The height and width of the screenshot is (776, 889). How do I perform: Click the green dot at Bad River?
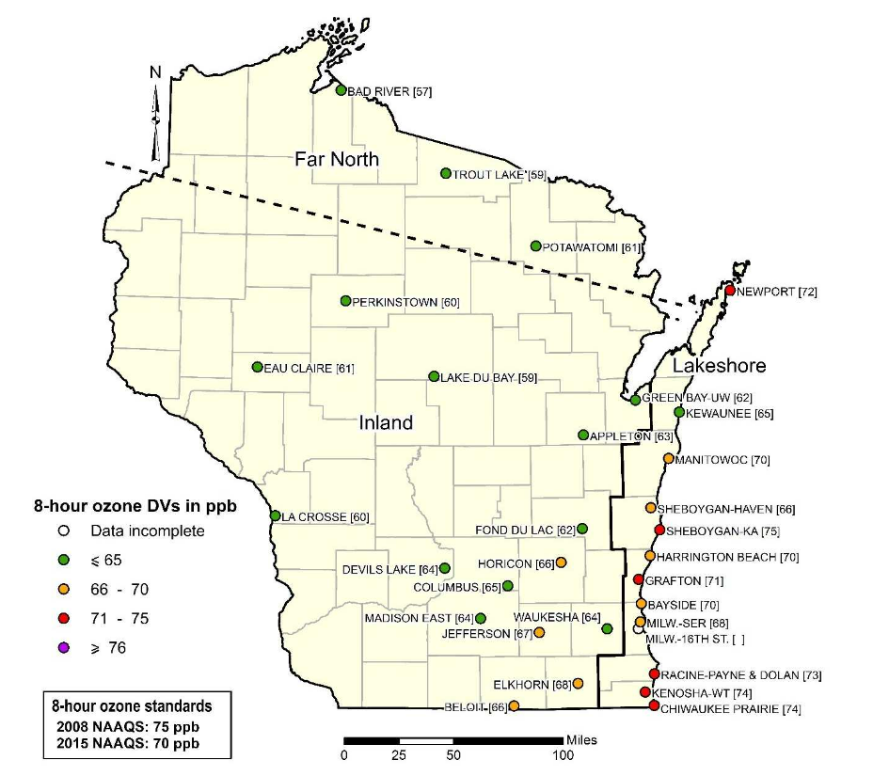coord(341,90)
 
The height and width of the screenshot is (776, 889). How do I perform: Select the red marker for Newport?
coord(729,291)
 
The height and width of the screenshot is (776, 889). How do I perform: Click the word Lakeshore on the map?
coord(720,366)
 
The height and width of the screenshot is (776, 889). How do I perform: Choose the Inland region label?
coord(386,423)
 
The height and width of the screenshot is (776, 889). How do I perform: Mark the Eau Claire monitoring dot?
coord(257,368)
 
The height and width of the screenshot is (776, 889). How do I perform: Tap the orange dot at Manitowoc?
coord(668,459)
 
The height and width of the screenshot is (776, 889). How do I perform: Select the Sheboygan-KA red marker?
coord(659,531)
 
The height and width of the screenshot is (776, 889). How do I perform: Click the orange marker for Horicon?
coord(562,562)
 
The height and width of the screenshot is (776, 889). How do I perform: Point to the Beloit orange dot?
coord(514,705)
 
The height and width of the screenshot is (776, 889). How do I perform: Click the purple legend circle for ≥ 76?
coord(64,647)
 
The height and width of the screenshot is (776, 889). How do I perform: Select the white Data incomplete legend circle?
coord(64,531)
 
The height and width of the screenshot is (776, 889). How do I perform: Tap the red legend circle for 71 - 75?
coord(64,618)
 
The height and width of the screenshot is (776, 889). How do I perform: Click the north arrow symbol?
coord(156,113)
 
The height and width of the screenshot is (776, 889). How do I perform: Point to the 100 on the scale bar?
coord(563,755)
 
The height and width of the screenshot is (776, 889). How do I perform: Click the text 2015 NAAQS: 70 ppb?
coord(128,743)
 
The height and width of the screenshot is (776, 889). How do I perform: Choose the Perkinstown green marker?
coord(345,301)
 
